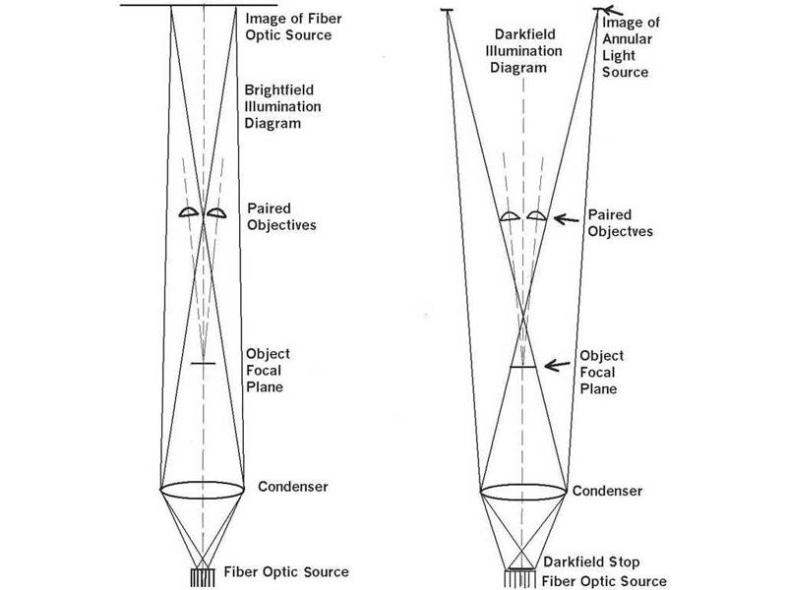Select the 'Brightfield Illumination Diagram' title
286,106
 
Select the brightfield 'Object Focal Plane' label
265,371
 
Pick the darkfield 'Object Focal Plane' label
598,372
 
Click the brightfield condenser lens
202,489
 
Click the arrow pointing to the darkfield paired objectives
566,218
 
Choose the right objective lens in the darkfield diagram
536,215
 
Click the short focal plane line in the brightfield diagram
202,365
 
